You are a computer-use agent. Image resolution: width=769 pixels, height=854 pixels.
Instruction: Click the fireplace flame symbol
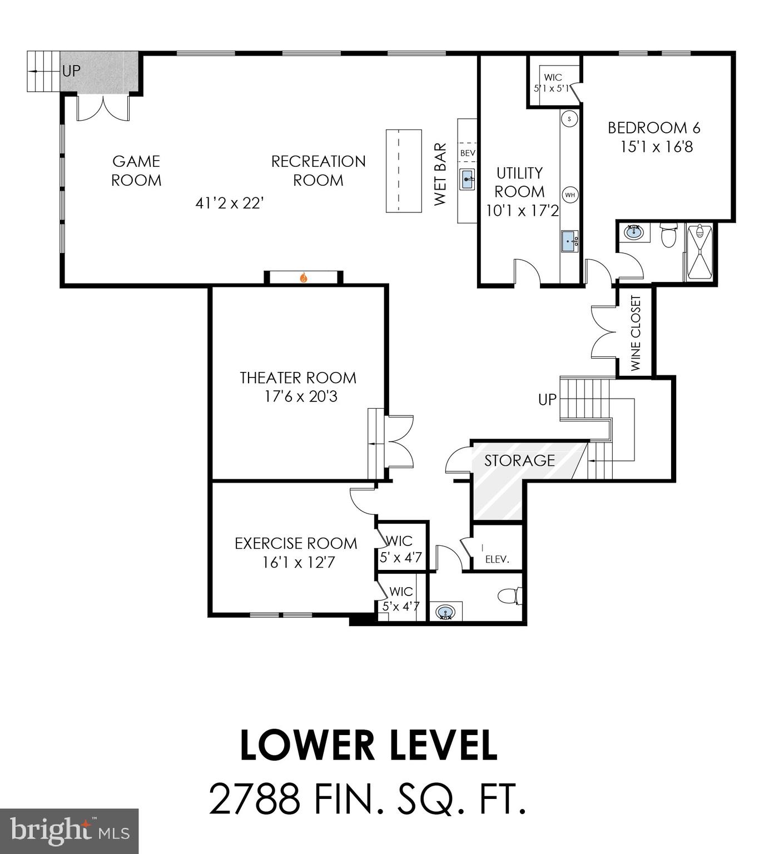click(x=304, y=277)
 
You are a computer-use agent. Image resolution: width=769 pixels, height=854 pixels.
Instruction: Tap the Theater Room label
click(x=297, y=378)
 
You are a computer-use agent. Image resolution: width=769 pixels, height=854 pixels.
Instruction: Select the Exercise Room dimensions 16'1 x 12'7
click(x=299, y=563)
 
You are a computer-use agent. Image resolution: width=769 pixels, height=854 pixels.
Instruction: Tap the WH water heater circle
click(x=570, y=195)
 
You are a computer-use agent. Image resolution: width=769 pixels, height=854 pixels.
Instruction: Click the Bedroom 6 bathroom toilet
click(x=667, y=236)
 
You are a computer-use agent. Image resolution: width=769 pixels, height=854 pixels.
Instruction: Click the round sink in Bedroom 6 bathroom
click(x=633, y=232)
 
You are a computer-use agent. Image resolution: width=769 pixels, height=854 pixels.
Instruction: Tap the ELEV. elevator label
click(x=497, y=559)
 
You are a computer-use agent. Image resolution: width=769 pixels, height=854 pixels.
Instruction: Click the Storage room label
click(x=519, y=460)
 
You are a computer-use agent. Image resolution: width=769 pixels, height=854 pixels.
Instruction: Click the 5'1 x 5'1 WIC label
click(x=552, y=88)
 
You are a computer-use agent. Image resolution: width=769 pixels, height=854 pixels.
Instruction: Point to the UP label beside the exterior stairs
click(x=71, y=71)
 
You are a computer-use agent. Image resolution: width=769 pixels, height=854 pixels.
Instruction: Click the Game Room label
click(x=136, y=171)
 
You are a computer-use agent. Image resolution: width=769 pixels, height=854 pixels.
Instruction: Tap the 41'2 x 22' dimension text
click(x=229, y=203)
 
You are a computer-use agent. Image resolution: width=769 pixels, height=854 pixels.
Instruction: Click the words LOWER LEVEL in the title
click(x=368, y=746)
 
